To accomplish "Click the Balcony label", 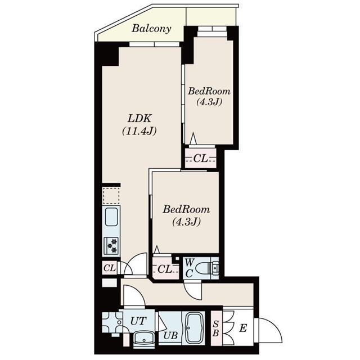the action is point(151,29).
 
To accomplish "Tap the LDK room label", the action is point(139,119).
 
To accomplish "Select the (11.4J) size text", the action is point(139,131).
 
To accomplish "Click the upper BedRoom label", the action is point(209,91).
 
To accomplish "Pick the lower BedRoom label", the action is point(186,210).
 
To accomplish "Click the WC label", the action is point(189,268).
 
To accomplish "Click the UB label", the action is point(170,336).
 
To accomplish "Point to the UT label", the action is point(138,321).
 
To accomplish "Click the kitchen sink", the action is point(111,217).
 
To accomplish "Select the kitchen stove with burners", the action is point(111,246).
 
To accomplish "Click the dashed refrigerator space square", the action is point(111,196).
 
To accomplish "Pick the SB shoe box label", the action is point(216,328).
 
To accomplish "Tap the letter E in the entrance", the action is point(243,328).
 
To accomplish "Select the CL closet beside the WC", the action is point(165,269).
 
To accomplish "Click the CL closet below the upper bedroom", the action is point(201,158).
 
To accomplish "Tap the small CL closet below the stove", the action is point(110,268).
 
